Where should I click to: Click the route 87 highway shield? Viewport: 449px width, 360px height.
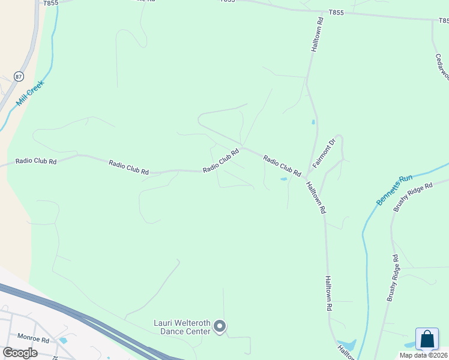pyautogui.click(x=19, y=76)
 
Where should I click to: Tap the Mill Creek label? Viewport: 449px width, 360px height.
pyautogui.click(x=31, y=93)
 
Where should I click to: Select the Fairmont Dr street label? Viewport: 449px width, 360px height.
pyautogui.click(x=322, y=154)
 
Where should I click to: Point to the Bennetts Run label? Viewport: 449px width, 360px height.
pyautogui.click(x=394, y=190)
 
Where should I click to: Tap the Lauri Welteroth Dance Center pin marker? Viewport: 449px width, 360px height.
pyautogui.click(x=220, y=326)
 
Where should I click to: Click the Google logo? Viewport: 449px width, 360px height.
pyautogui.click(x=20, y=352)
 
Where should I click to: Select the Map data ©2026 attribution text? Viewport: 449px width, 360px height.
pyautogui.click(x=423, y=355)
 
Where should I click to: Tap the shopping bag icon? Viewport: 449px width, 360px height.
pyautogui.click(x=427, y=339)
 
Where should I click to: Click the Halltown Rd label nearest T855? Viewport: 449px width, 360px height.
pyautogui.click(x=317, y=34)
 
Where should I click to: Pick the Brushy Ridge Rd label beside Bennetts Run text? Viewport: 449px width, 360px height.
pyautogui.click(x=413, y=197)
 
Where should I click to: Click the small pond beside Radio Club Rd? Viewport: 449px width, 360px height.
pyautogui.click(x=283, y=179)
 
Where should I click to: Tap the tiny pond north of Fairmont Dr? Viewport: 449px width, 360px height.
pyautogui.click(x=313, y=122)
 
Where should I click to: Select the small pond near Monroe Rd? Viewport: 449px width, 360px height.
pyautogui.click(x=63, y=340)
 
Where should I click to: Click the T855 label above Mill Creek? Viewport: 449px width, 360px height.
pyautogui.click(x=51, y=3)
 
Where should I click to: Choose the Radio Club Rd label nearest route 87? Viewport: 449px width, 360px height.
pyautogui.click(x=36, y=161)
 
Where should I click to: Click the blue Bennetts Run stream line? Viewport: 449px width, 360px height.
pyautogui.click(x=364, y=252)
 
